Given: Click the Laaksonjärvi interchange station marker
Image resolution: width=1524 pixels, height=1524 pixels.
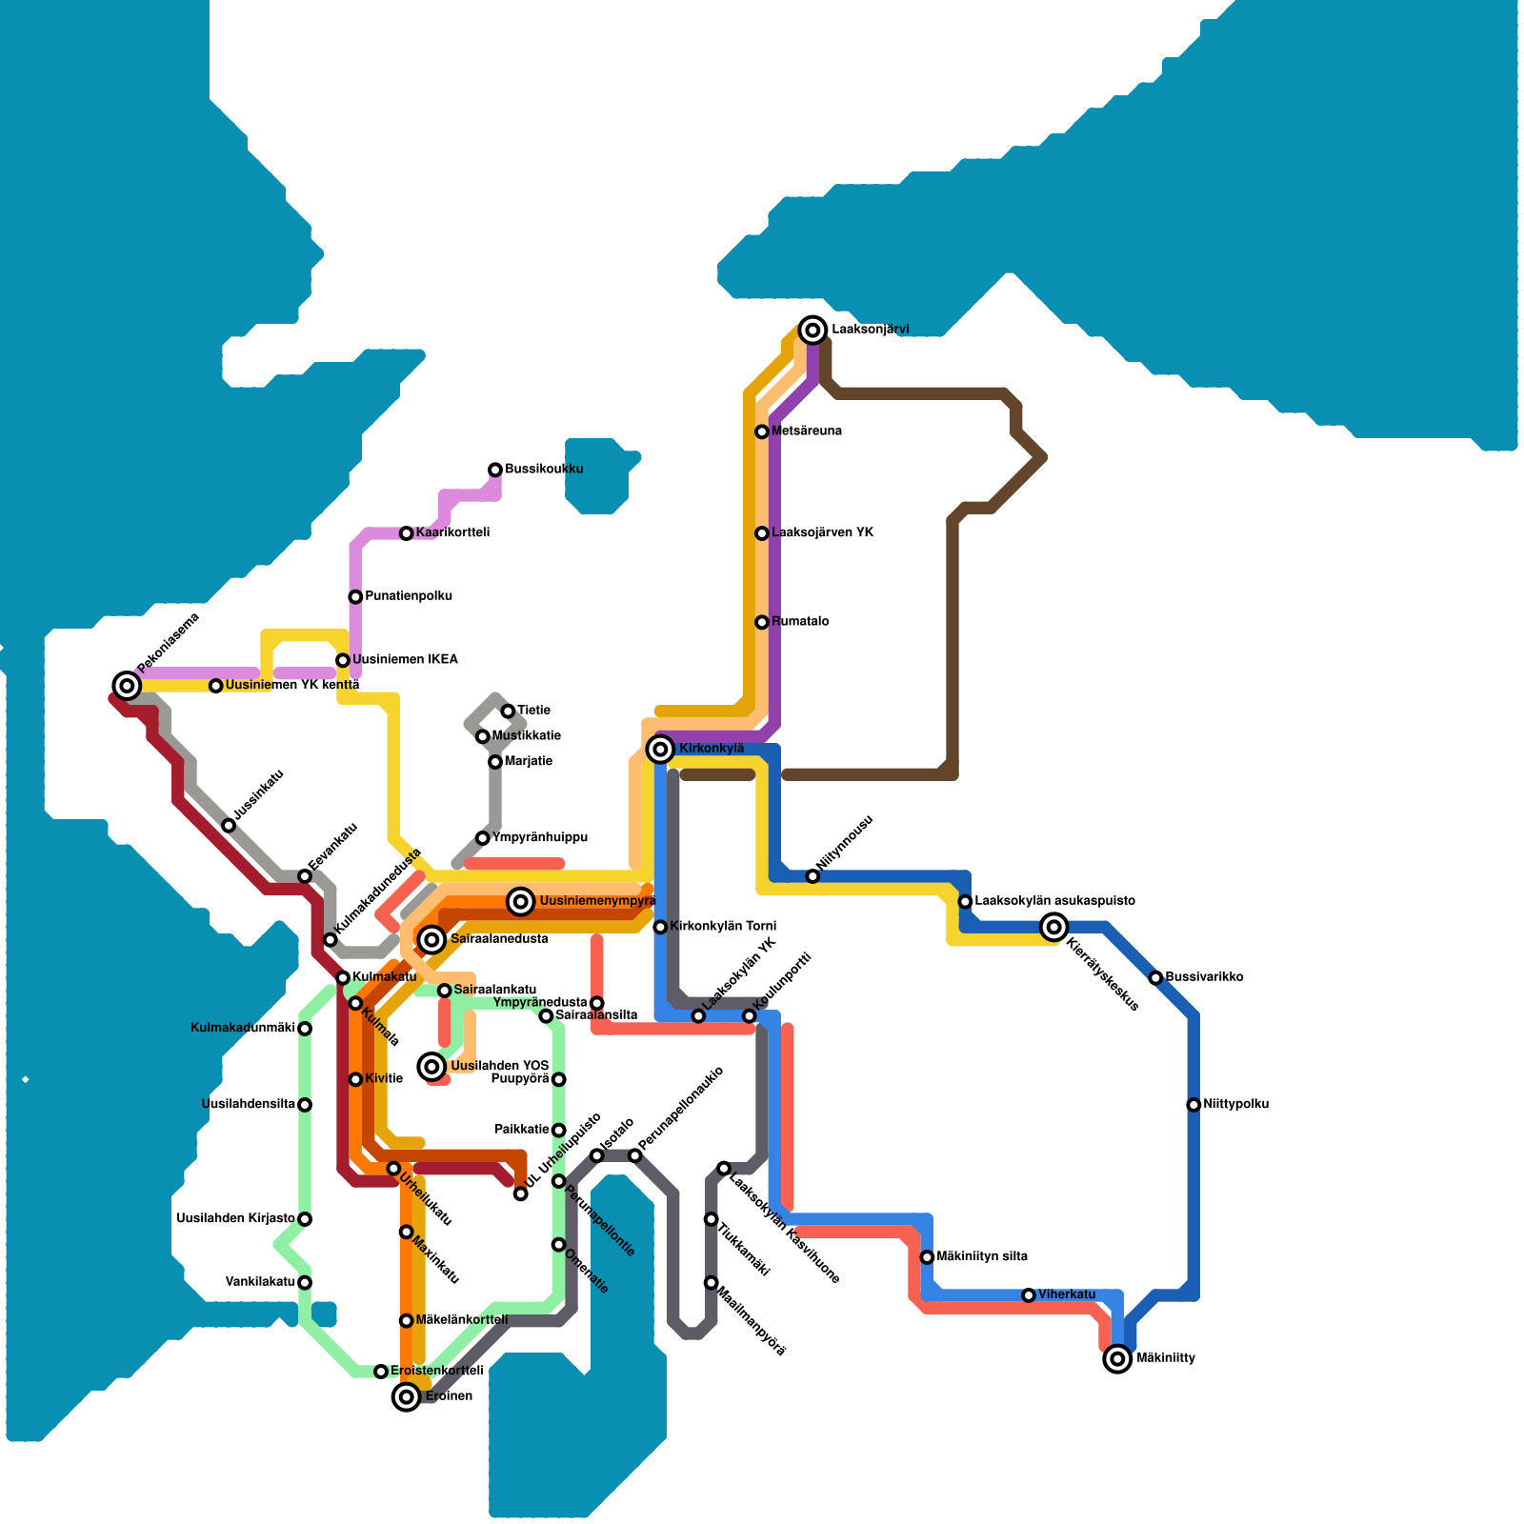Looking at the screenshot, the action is click(812, 331).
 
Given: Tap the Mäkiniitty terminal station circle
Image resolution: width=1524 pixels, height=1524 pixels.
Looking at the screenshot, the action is click(1117, 1358).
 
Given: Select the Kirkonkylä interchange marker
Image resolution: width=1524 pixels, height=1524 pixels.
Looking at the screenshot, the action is click(660, 749).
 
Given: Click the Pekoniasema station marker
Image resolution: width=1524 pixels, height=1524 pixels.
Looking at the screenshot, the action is click(127, 685).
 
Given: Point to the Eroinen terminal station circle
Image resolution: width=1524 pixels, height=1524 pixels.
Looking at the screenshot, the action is click(407, 1396).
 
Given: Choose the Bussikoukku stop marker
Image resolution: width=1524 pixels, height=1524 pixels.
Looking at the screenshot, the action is click(495, 470).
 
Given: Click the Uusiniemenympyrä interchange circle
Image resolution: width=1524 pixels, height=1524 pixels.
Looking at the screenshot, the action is click(520, 901).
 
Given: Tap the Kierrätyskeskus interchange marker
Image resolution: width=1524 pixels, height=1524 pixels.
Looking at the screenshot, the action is click(1053, 926).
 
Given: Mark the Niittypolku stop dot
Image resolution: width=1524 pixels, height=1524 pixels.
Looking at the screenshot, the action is click(1193, 1105).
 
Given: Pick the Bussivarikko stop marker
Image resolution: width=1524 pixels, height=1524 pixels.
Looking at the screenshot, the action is click(1155, 978).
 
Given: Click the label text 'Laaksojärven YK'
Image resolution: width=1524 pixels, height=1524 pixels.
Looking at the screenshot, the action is click(822, 533).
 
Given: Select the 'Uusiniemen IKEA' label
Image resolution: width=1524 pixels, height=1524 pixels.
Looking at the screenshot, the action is click(405, 660).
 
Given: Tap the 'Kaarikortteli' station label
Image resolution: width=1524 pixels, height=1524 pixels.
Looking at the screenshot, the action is click(452, 533).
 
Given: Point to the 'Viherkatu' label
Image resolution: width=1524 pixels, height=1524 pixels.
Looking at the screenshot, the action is click(1067, 1295).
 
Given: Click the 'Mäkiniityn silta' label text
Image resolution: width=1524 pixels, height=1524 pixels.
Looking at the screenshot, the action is click(982, 1257).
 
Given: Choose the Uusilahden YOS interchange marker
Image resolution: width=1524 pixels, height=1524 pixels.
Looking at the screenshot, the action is click(432, 1066).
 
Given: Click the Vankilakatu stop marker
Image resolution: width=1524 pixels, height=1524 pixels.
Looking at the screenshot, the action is click(305, 1283).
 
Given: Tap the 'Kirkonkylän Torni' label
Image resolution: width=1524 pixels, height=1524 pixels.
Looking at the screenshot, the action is click(723, 927).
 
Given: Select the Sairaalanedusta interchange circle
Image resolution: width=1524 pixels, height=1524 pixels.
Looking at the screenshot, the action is click(432, 939).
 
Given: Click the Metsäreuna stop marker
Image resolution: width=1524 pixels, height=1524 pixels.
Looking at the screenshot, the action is click(762, 431).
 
